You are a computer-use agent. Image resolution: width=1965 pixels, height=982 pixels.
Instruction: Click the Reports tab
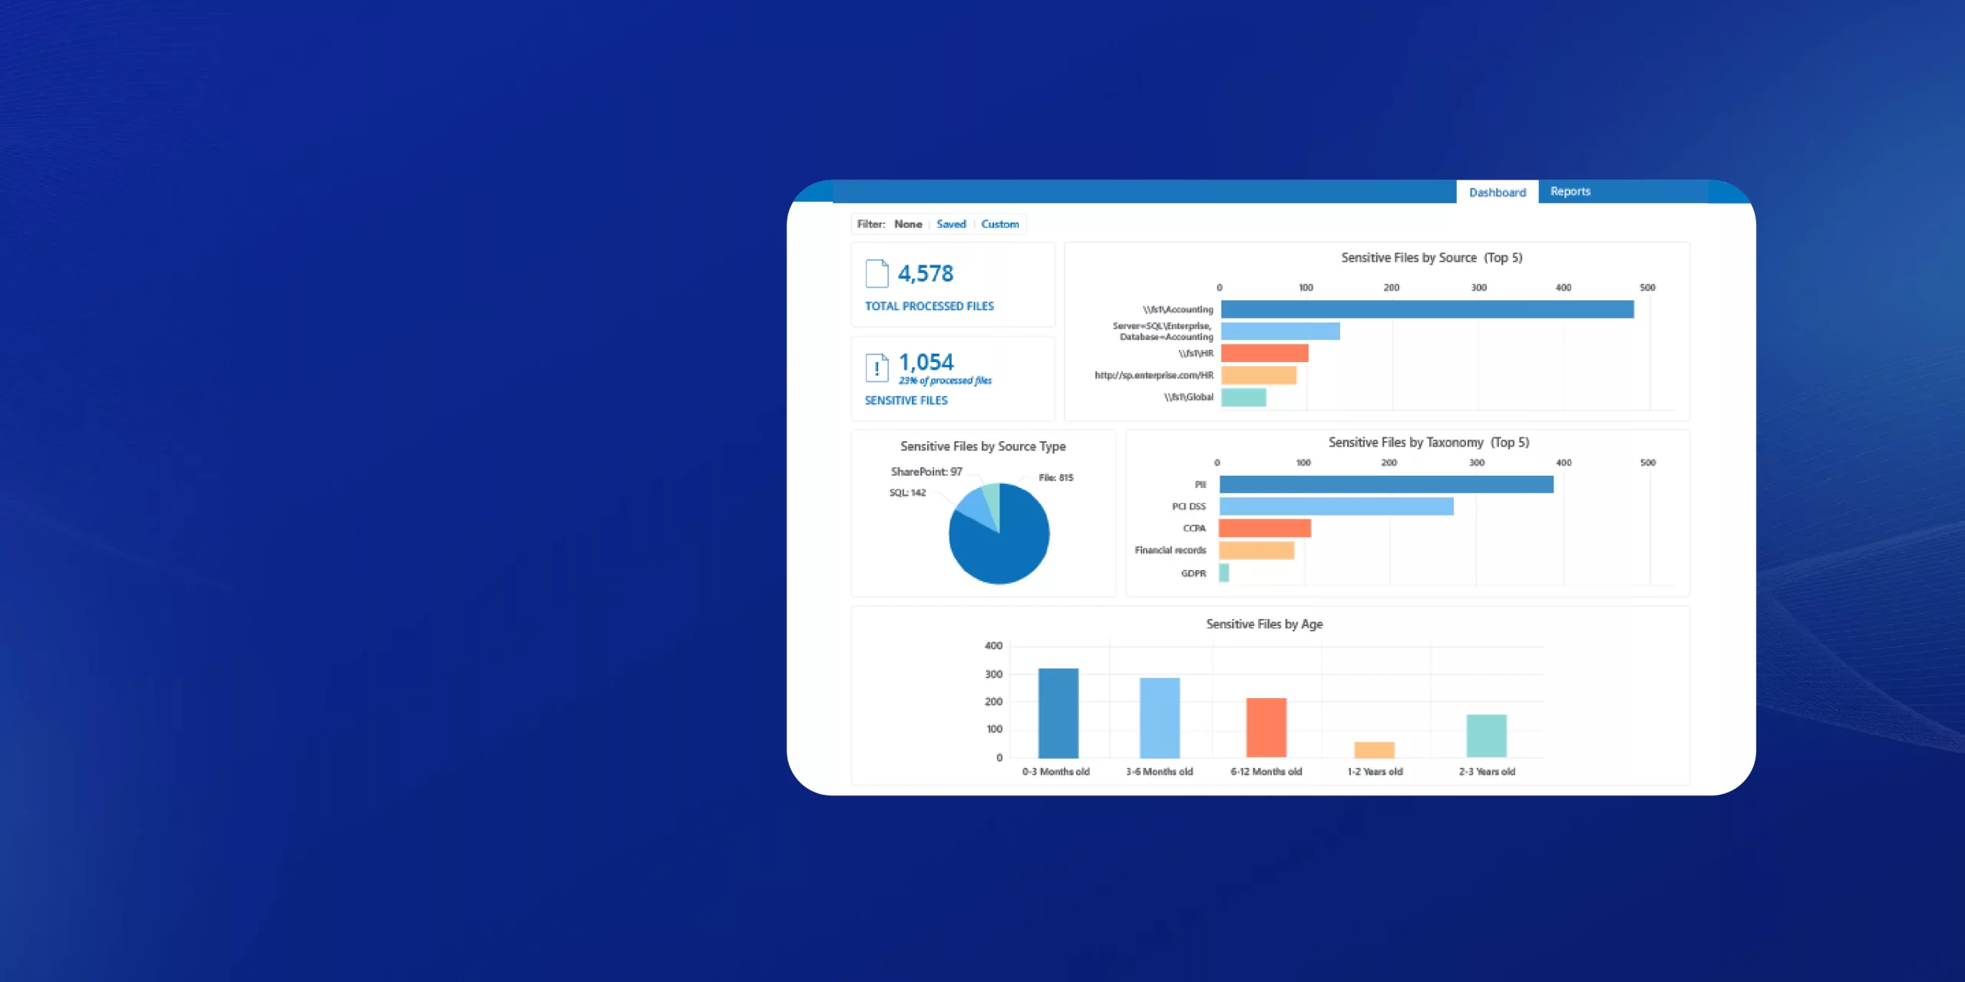[x=1570, y=192]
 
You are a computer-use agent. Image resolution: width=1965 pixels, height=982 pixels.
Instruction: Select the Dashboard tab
[x=1497, y=193]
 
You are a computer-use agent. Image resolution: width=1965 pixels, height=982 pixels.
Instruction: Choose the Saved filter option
[x=951, y=224]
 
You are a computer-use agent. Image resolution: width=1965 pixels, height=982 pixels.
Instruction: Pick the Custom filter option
[x=999, y=224]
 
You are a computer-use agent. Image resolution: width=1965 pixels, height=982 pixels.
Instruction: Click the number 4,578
[x=926, y=274]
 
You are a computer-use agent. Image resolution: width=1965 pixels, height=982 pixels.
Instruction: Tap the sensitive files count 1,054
[x=926, y=362]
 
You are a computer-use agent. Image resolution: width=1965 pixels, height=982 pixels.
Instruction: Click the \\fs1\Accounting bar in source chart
[x=1427, y=309]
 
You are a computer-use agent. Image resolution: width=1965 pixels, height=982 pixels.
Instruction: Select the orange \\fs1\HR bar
[x=1264, y=353]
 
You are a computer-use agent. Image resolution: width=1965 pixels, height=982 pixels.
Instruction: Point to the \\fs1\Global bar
[x=1243, y=397]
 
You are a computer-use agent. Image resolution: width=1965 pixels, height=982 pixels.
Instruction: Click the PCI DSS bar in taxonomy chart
[x=1336, y=506]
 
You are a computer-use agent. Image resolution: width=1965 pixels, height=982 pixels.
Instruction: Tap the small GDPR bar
[x=1224, y=573]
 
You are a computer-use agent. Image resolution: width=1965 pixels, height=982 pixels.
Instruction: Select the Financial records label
[x=1170, y=551]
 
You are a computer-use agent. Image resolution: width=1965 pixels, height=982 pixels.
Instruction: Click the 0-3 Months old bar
[x=1058, y=713]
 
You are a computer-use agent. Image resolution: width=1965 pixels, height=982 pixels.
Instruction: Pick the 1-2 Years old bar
[x=1374, y=750]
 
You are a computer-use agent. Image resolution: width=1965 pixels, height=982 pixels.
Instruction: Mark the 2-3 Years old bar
[x=1486, y=736]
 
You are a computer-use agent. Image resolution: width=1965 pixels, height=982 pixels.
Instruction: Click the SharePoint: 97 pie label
[x=926, y=472]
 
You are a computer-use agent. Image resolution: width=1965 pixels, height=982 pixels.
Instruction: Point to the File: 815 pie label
[x=1055, y=478]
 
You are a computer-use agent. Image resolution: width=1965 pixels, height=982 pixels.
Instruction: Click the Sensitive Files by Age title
[x=1264, y=624]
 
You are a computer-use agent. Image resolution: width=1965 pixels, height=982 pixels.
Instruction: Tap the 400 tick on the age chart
[x=993, y=646]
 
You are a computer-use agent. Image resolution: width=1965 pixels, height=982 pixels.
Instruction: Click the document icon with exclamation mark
[x=877, y=367]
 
